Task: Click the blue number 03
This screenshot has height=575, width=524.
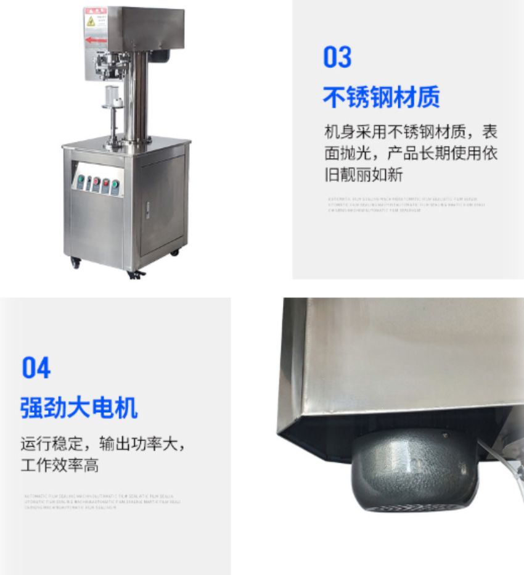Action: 337,57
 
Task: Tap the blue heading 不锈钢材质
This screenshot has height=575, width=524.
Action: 381,97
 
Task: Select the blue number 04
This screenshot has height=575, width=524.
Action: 36,368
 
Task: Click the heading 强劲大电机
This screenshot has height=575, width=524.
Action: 79,408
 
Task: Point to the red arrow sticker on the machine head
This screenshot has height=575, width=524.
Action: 96,40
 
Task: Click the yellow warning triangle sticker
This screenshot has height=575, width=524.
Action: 91,22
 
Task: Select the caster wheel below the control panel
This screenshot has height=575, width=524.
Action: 76,262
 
